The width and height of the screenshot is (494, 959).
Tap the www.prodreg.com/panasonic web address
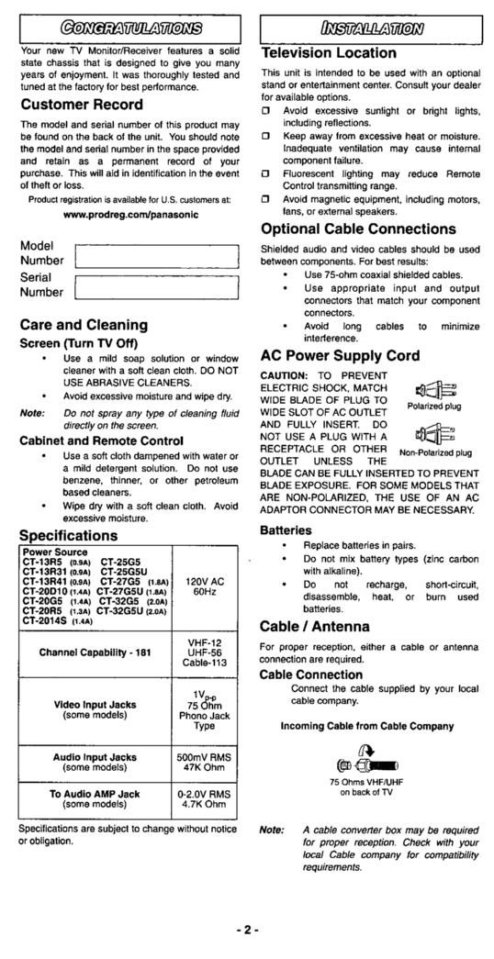pos(129,214)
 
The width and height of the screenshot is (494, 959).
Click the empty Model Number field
pos(156,254)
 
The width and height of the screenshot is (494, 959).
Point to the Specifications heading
pos(69,535)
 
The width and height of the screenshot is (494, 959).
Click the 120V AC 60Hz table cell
pos(205,586)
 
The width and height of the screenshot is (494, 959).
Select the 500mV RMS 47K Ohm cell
pos(205,764)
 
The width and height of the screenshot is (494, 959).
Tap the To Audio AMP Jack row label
pos(95,799)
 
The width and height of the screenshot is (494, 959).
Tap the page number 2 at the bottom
pos(246,929)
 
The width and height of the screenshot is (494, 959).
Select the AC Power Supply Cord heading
pos(341,355)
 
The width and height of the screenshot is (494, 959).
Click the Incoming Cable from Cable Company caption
pos(366,725)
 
